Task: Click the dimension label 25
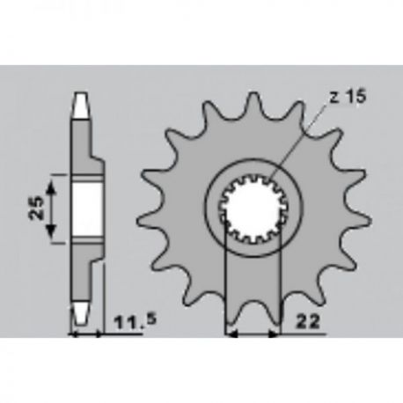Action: pos(36,208)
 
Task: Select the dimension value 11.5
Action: pos(135,321)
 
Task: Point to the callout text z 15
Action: pos(348,97)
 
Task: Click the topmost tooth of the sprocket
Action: pos(253,101)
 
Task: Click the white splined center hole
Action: pos(253,209)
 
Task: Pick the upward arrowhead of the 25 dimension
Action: pos(51,187)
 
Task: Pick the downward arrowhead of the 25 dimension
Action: pos(51,231)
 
